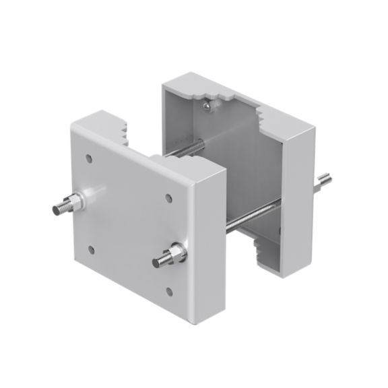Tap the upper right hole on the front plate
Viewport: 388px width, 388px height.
[168, 198]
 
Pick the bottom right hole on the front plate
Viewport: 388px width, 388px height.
[169, 291]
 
